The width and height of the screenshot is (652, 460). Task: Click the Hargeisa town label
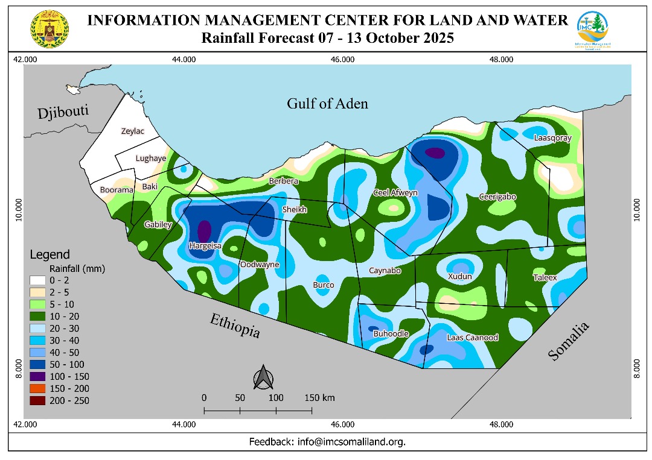[205, 246]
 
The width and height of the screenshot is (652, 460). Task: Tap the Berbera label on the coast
[283, 181]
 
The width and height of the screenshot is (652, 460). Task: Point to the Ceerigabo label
[497, 197]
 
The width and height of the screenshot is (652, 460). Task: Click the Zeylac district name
[133, 131]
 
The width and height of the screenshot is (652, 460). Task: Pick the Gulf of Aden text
[327, 104]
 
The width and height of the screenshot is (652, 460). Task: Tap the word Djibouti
[63, 113]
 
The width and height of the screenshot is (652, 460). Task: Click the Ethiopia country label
[235, 326]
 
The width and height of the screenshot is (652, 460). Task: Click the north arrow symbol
[264, 378]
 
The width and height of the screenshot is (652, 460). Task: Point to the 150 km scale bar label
[319, 398]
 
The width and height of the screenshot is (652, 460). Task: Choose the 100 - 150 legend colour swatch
[37, 377]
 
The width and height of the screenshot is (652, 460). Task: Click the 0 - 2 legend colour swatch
[37, 280]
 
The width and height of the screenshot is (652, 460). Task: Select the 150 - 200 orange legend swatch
[37, 389]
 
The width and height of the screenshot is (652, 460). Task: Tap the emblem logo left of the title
[50, 30]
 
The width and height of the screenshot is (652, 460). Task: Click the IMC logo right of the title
[592, 30]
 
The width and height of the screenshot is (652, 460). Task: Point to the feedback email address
[351, 442]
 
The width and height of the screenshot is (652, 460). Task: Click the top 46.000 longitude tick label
[342, 59]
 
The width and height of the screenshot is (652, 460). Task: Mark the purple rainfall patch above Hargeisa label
[205, 230]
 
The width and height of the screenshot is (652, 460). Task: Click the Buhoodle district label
[391, 333]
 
